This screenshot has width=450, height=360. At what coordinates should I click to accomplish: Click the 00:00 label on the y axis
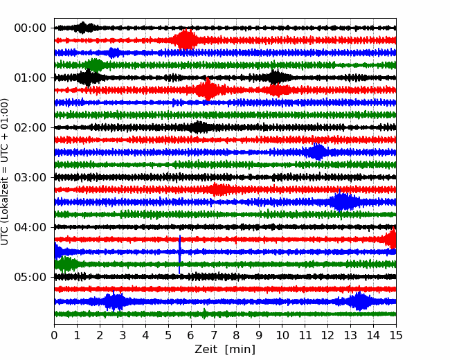[30, 28]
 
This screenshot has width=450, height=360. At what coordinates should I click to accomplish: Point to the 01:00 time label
[30, 78]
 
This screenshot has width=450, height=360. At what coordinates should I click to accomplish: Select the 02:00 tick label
[30, 127]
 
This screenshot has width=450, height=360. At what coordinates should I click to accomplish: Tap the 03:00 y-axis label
[30, 177]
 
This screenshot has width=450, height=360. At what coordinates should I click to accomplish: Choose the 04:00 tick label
[30, 227]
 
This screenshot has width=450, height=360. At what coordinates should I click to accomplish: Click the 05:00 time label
[30, 277]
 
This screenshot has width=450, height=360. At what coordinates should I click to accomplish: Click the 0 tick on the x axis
[55, 335]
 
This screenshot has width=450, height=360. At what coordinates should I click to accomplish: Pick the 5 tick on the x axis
[168, 335]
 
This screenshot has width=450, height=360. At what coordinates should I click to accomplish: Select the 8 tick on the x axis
[237, 335]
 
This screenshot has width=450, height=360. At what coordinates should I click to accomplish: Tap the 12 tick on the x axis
[327, 335]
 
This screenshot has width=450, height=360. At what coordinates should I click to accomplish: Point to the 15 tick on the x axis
[395, 335]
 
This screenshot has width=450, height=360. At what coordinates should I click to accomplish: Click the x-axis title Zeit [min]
[225, 349]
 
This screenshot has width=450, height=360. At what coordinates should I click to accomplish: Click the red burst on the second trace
[186, 40]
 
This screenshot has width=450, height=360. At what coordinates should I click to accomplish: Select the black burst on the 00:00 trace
[84, 28]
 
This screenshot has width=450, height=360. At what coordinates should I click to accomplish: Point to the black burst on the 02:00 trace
[199, 127]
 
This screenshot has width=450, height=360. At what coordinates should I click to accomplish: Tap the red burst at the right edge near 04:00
[391, 240]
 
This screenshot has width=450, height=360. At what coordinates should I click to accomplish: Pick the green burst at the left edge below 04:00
[66, 264]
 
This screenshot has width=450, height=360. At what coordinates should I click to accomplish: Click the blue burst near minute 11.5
[318, 152]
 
